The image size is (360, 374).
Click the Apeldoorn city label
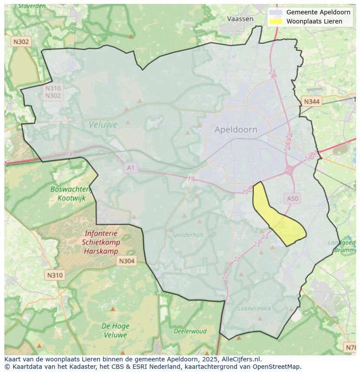[x=236, y=129]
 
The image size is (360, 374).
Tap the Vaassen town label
[x=240, y=19]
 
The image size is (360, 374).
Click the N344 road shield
[x=311, y=102]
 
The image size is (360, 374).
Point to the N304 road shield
[x=127, y=261]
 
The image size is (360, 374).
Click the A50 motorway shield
[x=293, y=199]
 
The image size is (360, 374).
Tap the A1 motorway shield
[x=131, y=167]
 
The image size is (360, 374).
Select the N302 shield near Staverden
[x=21, y=42]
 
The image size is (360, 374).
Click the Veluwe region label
[x=103, y=125]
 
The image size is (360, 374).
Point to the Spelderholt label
[x=187, y=235]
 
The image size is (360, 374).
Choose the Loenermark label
[x=254, y=308]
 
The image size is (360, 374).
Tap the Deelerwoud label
[x=190, y=331]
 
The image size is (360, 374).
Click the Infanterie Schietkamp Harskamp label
[x=100, y=242]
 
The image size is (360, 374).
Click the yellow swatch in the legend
[x=276, y=21]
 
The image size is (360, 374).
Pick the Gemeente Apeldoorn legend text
[x=318, y=12]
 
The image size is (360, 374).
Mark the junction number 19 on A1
[x=191, y=179]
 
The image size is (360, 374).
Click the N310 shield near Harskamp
[x=54, y=275]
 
